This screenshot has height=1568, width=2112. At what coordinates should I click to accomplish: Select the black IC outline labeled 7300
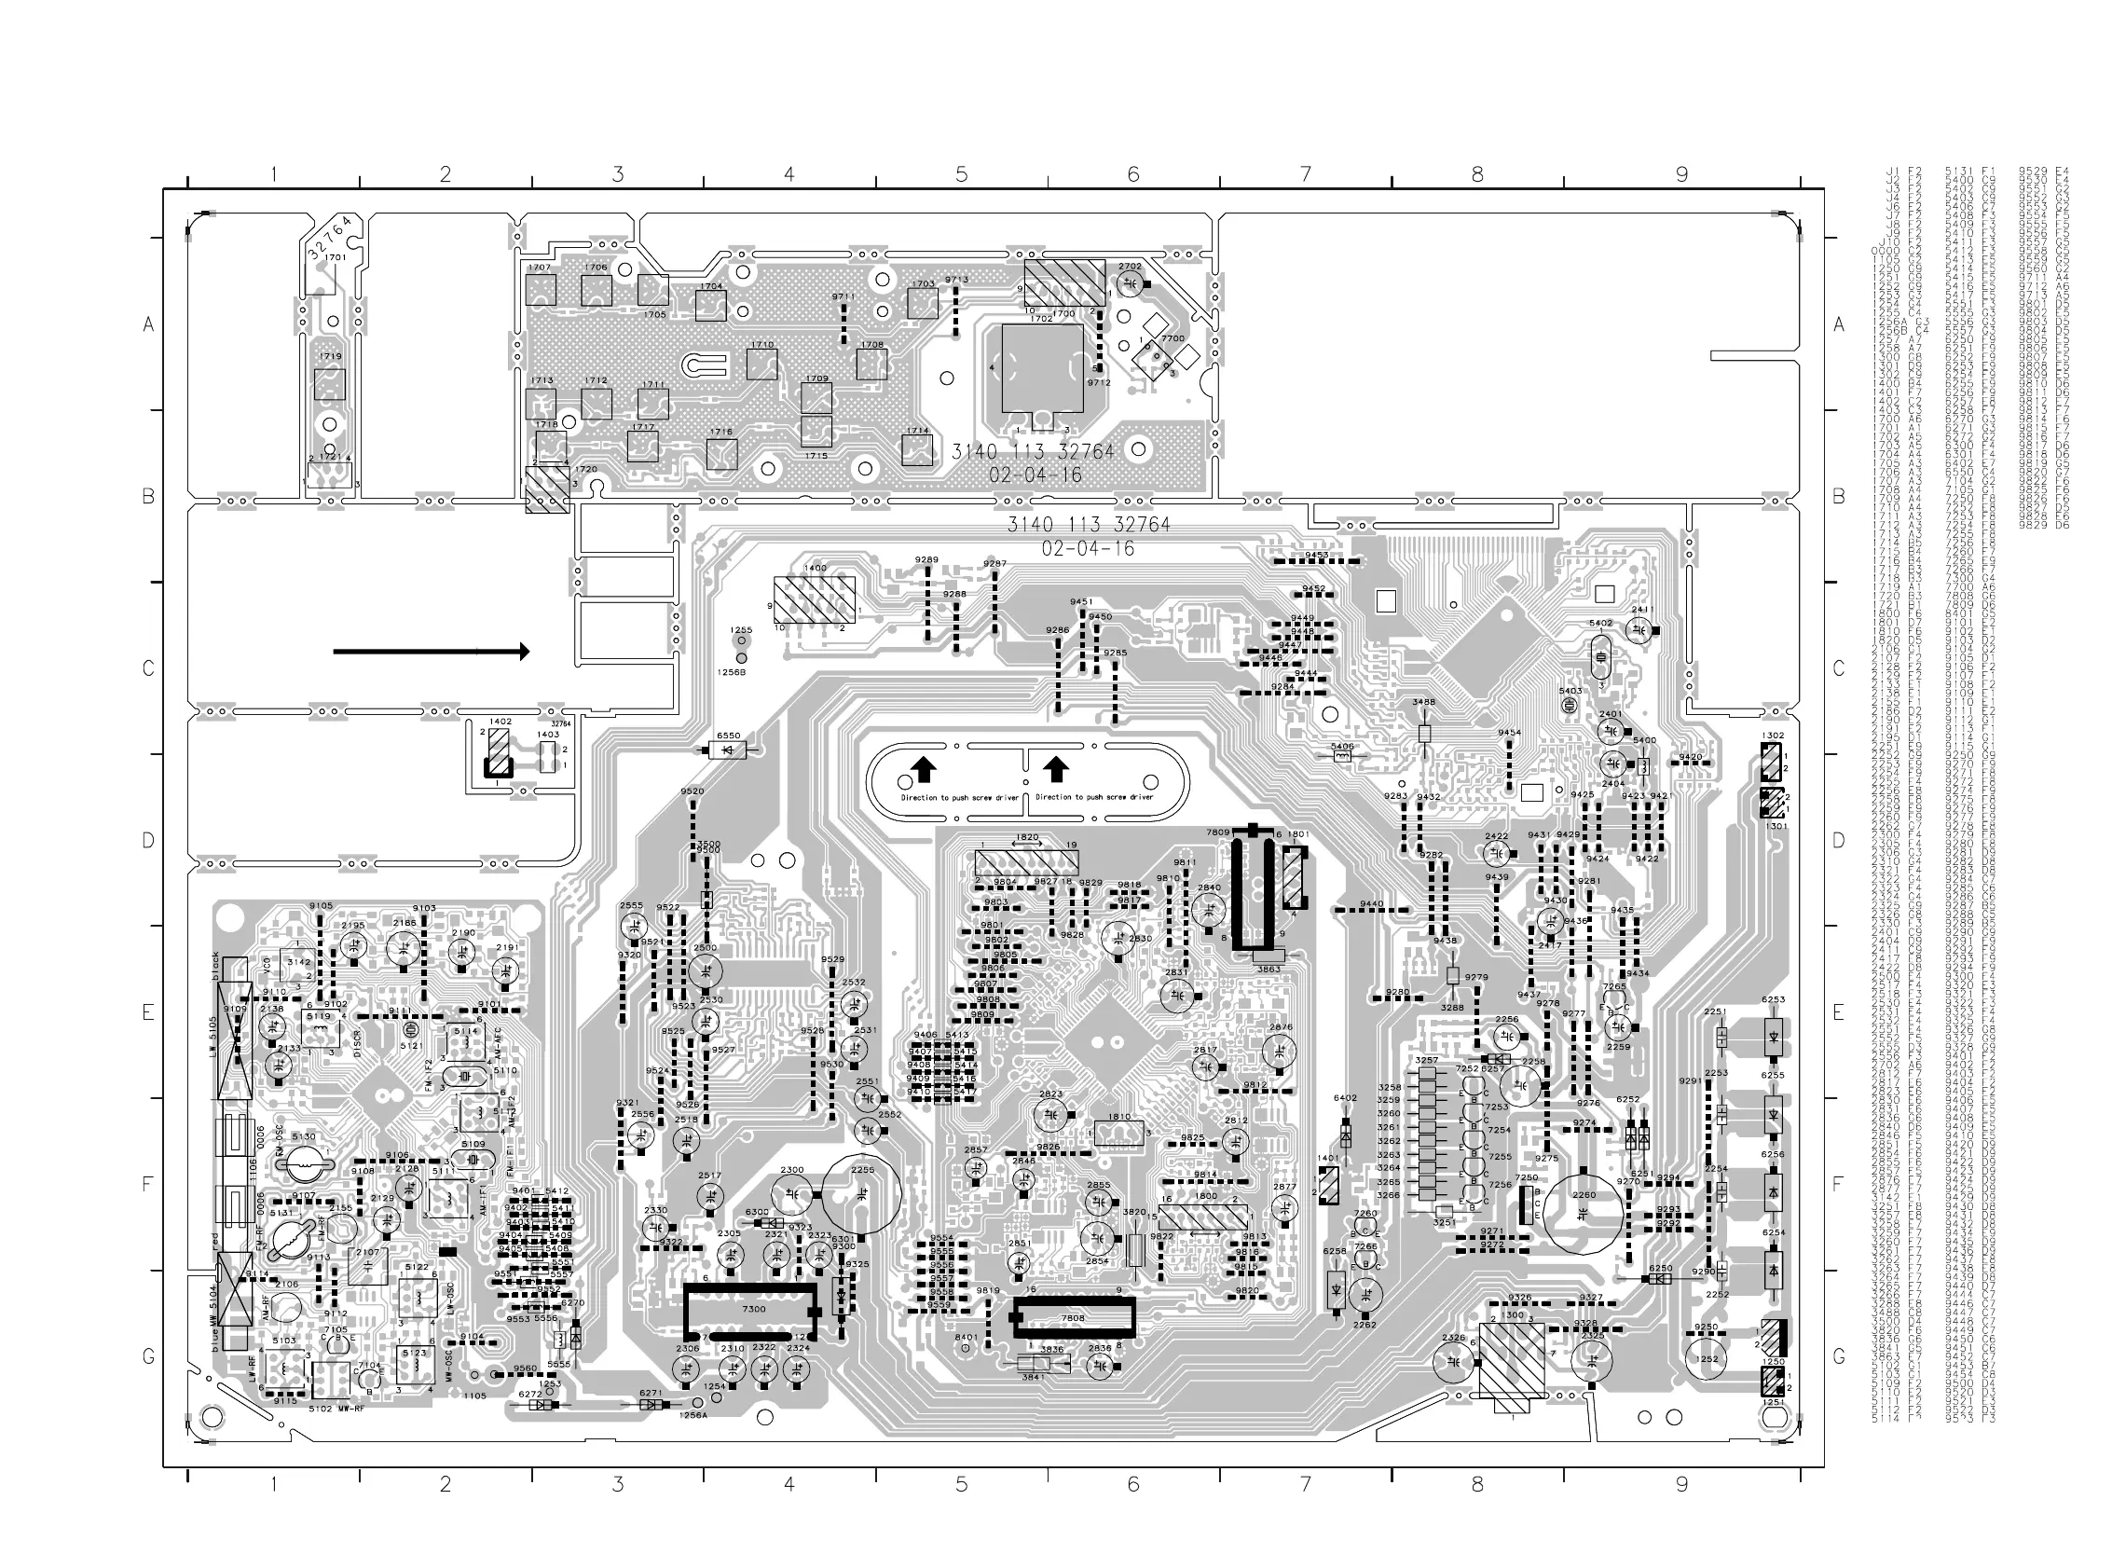pyautogui.click(x=750, y=1310)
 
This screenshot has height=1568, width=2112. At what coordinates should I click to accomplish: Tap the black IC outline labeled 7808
pyautogui.click(x=1073, y=1318)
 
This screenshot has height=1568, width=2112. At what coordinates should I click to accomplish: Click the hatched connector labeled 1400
pyautogui.click(x=814, y=599)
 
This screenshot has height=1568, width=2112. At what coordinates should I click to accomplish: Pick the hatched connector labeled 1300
pyautogui.click(x=1512, y=1360)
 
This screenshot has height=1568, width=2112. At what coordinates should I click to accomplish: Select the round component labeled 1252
pyautogui.click(x=1707, y=1359)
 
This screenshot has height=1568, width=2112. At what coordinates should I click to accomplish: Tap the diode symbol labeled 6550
pyautogui.click(x=729, y=750)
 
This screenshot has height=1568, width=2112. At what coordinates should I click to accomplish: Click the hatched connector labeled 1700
pyautogui.click(x=1063, y=282)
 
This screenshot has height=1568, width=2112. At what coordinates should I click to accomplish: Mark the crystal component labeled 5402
pyautogui.click(x=1600, y=652)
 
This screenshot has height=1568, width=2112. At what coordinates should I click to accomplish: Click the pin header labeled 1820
pyautogui.click(x=1027, y=864)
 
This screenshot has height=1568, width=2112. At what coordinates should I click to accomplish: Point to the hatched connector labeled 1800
pyautogui.click(x=1203, y=1217)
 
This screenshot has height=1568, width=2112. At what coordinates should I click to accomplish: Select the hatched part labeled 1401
pyautogui.click(x=1328, y=1186)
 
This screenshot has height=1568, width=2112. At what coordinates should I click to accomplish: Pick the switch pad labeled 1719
pyautogui.click(x=329, y=384)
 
